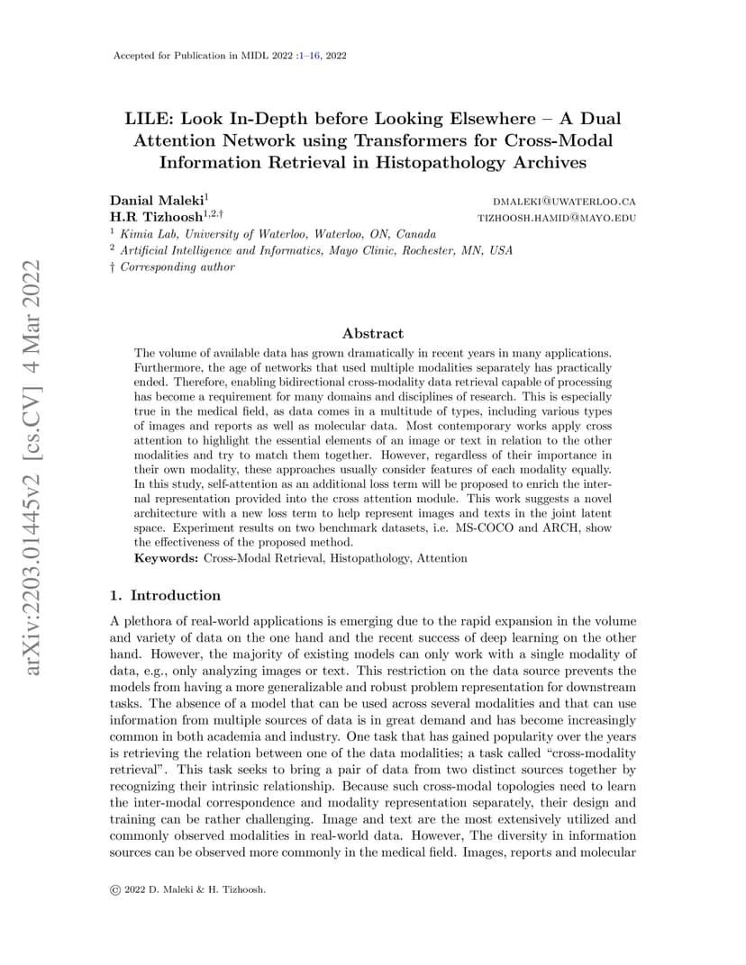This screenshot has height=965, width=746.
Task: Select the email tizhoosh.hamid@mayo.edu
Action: [x=556, y=218]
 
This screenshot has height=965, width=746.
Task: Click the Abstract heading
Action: [x=372, y=333]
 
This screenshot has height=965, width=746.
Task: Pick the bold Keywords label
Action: [x=167, y=558]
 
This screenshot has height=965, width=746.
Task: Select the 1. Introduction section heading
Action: [x=165, y=595]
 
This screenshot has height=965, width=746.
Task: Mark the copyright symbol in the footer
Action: [x=114, y=890]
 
